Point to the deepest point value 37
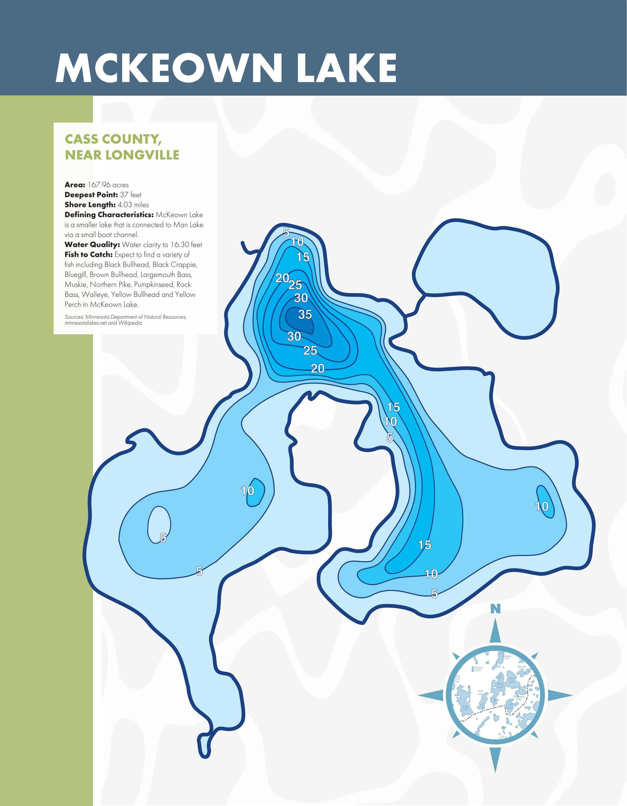[124, 195]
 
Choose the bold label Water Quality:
[92, 245]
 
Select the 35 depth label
[305, 314]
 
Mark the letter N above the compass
[495, 609]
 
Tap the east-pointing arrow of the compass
[559, 695]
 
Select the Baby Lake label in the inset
[500, 685]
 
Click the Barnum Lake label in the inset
[521, 668]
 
